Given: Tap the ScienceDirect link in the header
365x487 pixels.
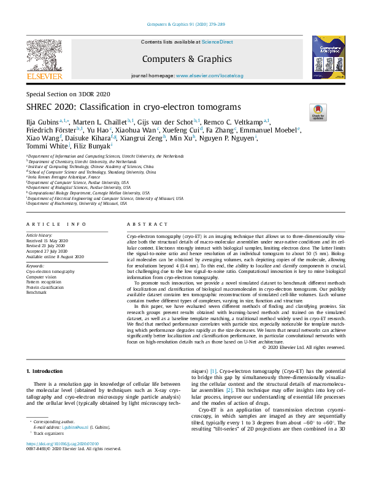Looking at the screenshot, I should click(217, 42).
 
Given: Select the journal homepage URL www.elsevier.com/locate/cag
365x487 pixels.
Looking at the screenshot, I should click(213, 75).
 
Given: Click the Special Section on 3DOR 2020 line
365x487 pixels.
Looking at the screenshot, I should click(67, 94).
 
